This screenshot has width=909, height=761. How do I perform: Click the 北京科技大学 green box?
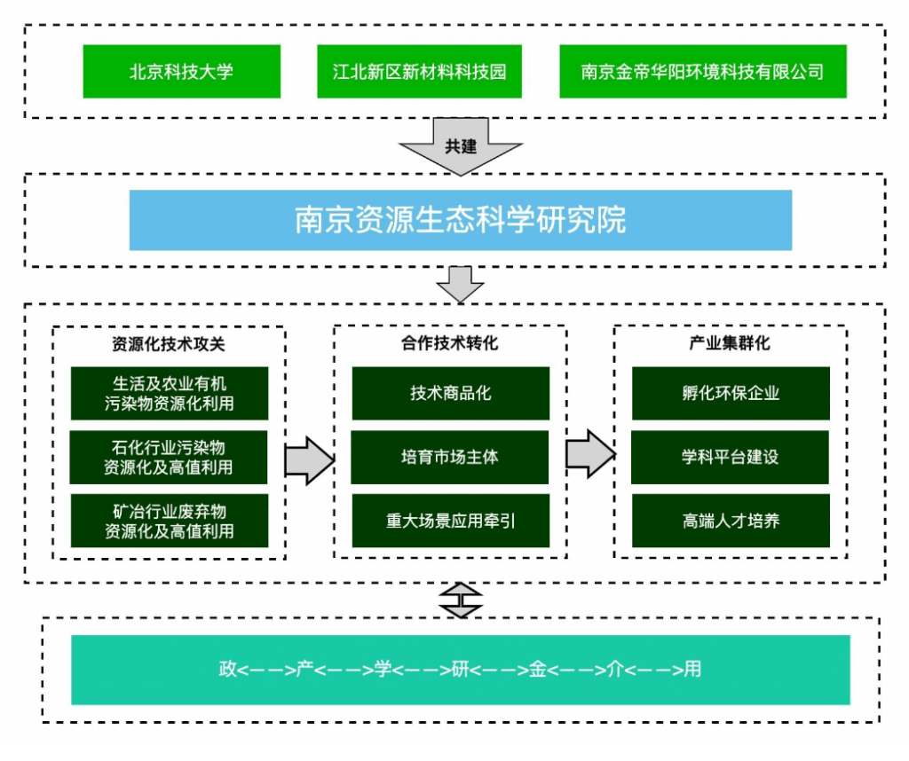click(x=181, y=71)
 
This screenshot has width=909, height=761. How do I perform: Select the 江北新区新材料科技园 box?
click(x=419, y=71)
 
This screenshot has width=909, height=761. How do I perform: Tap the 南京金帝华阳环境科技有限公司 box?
click(x=702, y=71)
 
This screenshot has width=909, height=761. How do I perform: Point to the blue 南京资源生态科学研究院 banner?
click(x=460, y=219)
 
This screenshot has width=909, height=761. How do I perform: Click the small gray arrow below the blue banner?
click(x=460, y=284)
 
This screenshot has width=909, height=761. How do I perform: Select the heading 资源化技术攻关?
click(x=169, y=342)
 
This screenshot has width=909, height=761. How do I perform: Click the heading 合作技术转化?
click(x=449, y=342)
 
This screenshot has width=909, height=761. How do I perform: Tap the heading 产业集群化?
click(x=730, y=342)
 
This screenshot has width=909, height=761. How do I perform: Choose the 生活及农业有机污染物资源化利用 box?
click(x=169, y=393)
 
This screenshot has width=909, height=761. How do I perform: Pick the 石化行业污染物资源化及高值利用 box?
click(x=169, y=457)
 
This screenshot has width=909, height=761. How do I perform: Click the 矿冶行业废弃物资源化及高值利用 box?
click(x=169, y=521)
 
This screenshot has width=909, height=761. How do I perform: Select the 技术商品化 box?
click(x=450, y=393)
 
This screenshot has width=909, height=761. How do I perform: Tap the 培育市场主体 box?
click(x=450, y=457)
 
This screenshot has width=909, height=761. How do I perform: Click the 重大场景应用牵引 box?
click(x=450, y=521)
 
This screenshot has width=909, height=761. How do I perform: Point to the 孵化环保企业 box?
click(x=730, y=393)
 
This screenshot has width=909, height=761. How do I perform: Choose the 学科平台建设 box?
click(x=730, y=457)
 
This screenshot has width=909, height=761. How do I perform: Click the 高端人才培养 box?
click(x=730, y=521)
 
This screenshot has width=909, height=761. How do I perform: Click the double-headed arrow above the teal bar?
click(x=461, y=600)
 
